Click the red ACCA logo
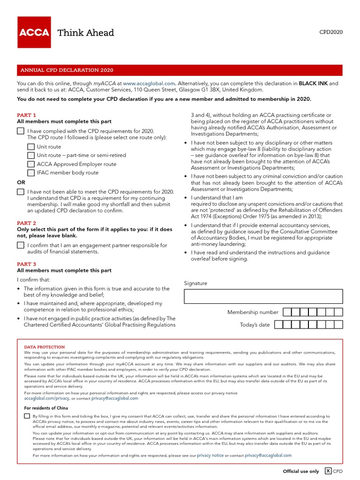pyautogui.click(x=34, y=32)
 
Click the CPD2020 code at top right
pyautogui.click(x=331, y=32)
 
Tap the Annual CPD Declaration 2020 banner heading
pyautogui.click(x=66, y=70)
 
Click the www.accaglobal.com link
pyautogui.click(x=149, y=83)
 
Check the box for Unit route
pyautogui.click(x=31, y=147)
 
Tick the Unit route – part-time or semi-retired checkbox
pyautogui.click(x=31, y=155)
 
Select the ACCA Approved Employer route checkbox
pyautogui.click(x=31, y=164)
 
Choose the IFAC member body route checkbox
pyautogui.click(x=31, y=172)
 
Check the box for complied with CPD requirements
pyautogui.click(x=21, y=131)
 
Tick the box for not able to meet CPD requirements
pyautogui.click(x=21, y=192)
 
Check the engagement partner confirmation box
pyautogui.click(x=21, y=245)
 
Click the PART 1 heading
pyautogui.click(x=27, y=115)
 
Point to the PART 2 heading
pyautogui.click(x=27, y=223)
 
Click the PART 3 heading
pyautogui.click(x=27, y=264)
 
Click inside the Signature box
pyautogui.click(x=263, y=296)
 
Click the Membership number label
pyautogui.click(x=253, y=312)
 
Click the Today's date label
pyautogui.click(x=255, y=325)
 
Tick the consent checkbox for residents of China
pyautogui.click(x=27, y=416)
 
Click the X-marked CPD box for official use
pyautogui.click(x=328, y=471)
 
